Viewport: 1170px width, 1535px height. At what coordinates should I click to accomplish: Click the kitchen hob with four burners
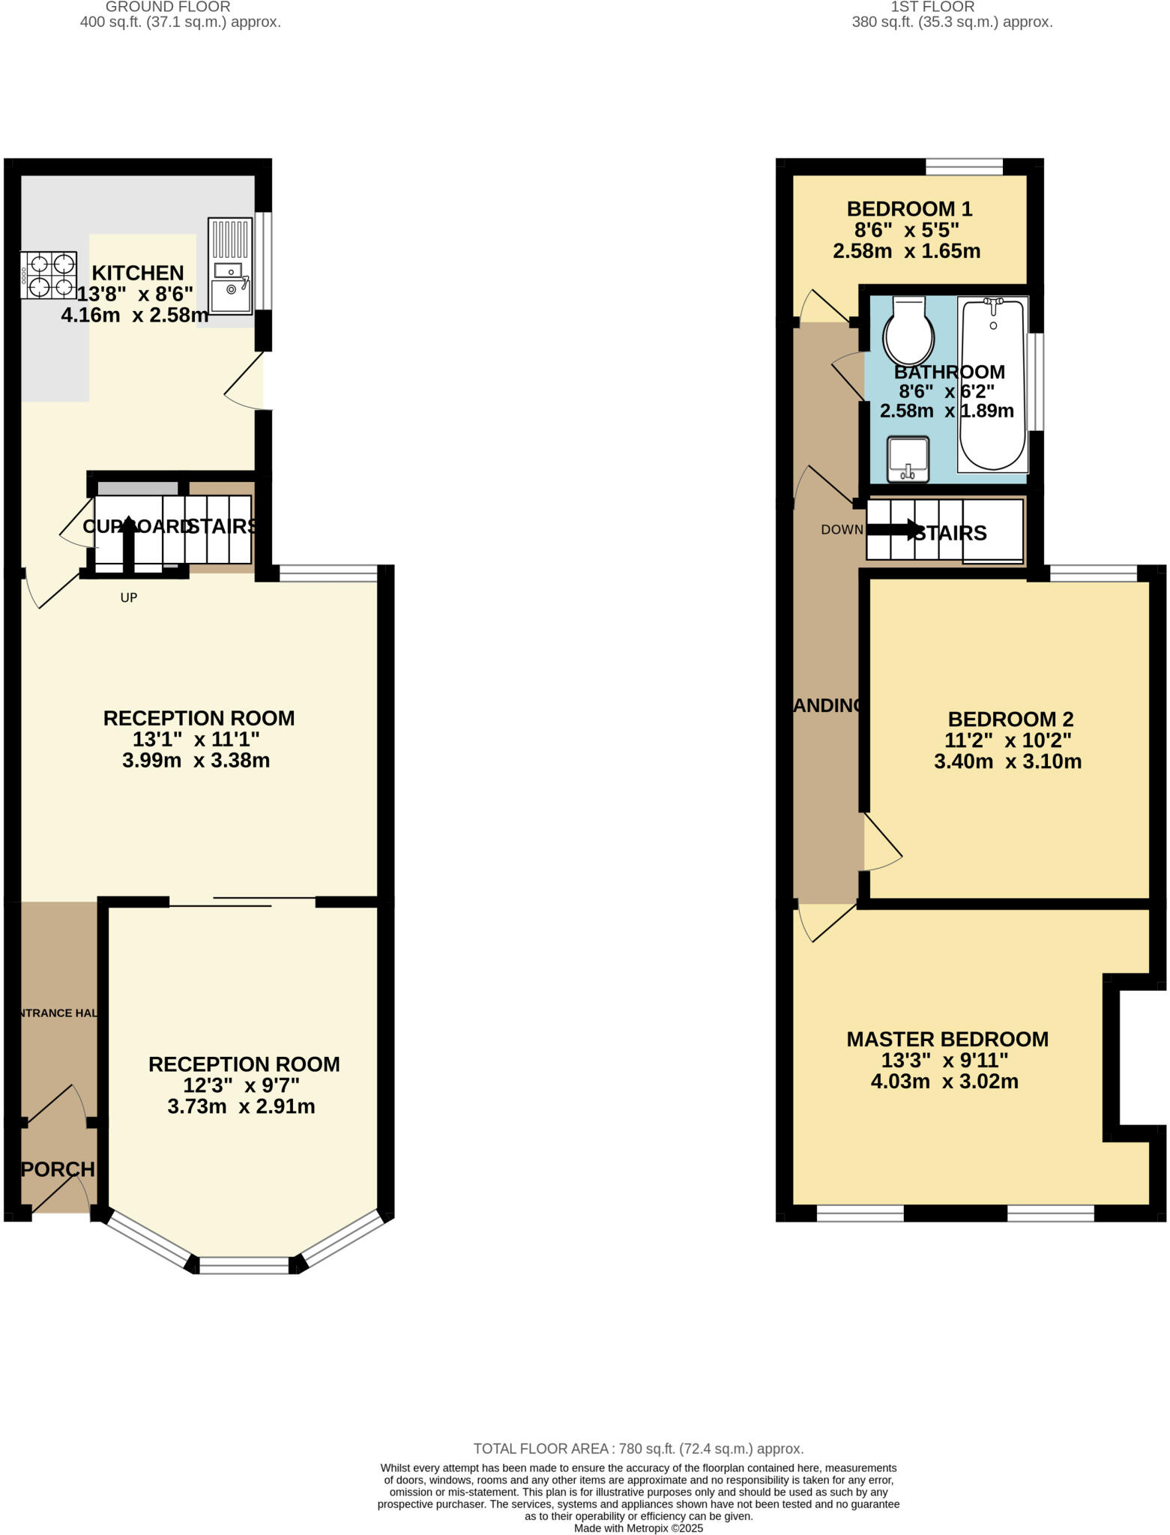pos(49,275)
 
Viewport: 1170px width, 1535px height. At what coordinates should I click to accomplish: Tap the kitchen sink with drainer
pos(230,266)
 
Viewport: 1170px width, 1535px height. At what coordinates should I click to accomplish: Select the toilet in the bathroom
pos(909,332)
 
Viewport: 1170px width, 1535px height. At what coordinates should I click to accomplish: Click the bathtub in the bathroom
pos(992,384)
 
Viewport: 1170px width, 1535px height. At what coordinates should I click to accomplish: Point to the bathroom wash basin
pos(908,459)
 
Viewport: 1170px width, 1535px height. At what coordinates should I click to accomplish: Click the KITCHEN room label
pos(137,273)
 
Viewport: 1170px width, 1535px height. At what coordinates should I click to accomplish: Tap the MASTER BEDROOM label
pos(947,1039)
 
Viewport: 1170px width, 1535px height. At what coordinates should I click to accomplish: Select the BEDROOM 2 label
pos(1010,719)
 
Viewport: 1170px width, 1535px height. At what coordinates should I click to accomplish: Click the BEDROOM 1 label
pos(909,208)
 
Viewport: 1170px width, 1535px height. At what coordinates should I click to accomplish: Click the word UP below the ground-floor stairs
pos(129,597)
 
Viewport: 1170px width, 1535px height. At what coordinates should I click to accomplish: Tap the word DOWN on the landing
pos(842,529)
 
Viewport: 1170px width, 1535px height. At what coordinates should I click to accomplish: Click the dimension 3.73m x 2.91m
pos(241,1106)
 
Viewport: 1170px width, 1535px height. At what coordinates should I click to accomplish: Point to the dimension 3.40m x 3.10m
pos(1007,762)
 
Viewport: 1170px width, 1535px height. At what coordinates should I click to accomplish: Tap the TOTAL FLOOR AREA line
pos(638,1448)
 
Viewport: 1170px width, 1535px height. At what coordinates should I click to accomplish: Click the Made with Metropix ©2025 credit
pos(638,1528)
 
